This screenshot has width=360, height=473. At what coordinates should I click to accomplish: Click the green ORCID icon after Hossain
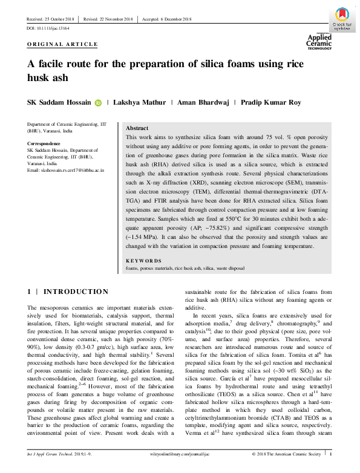[98, 103]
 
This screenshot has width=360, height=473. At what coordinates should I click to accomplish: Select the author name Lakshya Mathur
[140, 103]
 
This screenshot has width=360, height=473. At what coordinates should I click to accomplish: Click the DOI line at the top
[48, 28]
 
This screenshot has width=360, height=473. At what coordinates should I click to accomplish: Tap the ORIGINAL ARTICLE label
[62, 44]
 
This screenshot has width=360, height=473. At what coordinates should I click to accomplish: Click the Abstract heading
[137, 129]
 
